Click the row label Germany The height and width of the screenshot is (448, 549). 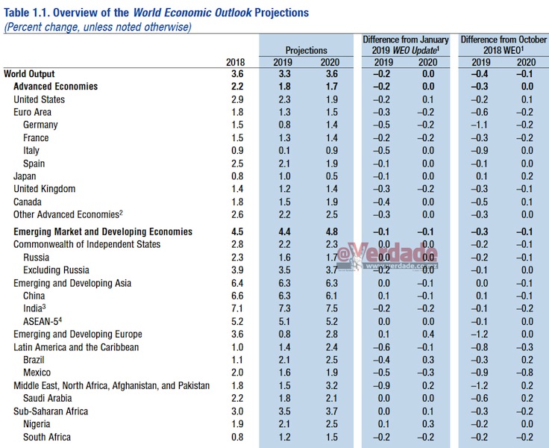40,125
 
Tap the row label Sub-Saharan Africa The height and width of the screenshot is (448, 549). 51,411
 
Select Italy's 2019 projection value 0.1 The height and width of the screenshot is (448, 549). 283,151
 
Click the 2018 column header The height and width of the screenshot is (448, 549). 235,62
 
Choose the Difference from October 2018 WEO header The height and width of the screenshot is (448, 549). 498,45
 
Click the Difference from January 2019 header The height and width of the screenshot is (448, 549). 406,45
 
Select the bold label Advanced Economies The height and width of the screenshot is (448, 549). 55,87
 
